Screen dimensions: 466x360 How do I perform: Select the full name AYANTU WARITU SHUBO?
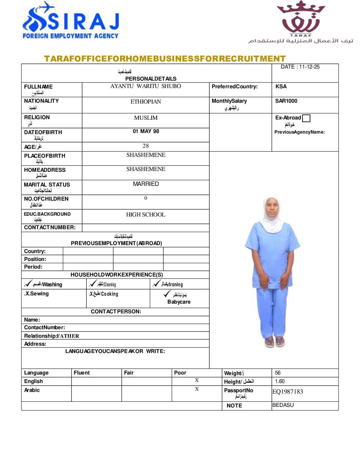point(146,86)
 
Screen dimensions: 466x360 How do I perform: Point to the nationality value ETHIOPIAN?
point(146,102)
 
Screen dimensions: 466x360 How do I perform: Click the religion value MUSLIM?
point(146,118)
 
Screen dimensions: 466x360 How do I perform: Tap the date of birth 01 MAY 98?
point(146,131)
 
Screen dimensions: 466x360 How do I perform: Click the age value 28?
point(146,146)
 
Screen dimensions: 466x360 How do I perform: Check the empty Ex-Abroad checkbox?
point(306,118)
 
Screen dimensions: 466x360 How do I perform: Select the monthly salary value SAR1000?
point(286,101)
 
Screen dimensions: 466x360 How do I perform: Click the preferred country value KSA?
point(281,86)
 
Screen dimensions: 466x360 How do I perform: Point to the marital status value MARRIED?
point(146,184)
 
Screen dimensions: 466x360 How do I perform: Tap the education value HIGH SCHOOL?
point(146,215)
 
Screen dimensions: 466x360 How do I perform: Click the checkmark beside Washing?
point(28,284)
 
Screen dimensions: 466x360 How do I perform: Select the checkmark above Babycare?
point(167,294)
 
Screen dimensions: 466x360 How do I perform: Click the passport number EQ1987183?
point(288,392)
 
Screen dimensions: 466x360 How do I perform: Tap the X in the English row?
point(197,380)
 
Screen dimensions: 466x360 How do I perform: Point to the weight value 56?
point(278,373)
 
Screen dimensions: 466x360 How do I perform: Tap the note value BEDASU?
point(283,405)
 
